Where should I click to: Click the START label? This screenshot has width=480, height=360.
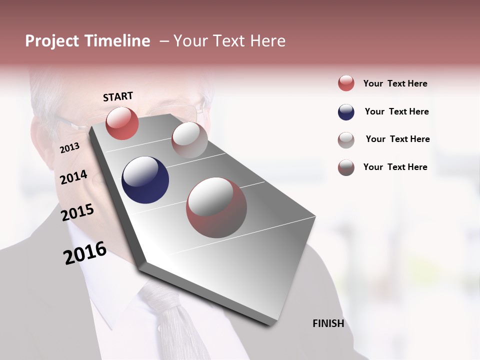click(118, 96)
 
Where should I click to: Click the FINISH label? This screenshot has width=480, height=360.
click(328, 323)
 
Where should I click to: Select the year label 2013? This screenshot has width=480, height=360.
click(69, 148)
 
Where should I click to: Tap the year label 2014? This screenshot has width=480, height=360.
click(73, 177)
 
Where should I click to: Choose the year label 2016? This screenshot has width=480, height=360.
click(85, 253)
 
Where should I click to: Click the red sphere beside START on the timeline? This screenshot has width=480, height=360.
click(122, 123)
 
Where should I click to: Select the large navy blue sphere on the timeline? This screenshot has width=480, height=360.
click(145, 180)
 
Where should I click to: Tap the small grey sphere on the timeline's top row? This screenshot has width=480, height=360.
click(189, 140)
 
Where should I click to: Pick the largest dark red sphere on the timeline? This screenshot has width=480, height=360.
click(216, 207)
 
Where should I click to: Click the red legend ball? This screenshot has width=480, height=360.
click(346, 83)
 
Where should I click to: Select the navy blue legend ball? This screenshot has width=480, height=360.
click(346, 112)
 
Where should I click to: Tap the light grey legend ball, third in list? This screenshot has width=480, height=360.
click(346, 139)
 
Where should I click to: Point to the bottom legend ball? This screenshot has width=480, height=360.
click(346, 167)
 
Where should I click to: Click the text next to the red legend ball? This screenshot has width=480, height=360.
click(395, 84)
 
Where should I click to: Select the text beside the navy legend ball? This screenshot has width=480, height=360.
click(396, 112)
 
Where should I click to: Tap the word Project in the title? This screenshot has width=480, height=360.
click(52, 41)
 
